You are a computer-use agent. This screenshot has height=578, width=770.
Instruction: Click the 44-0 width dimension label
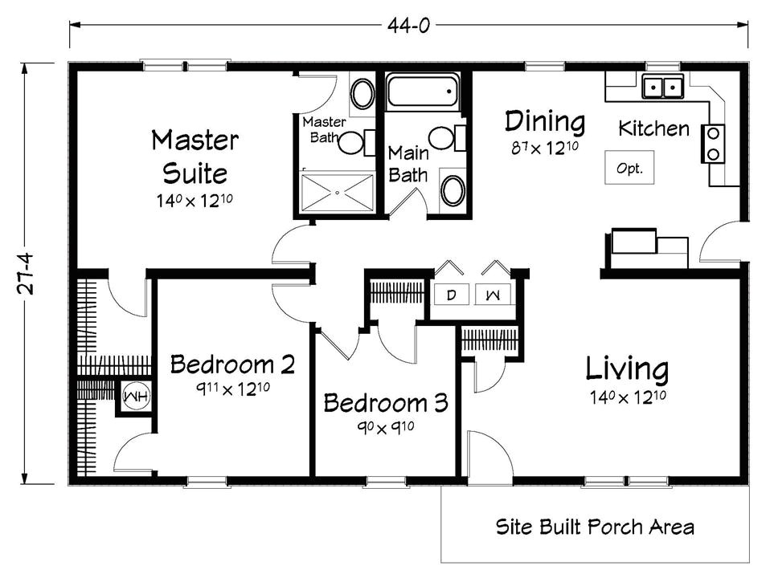click(x=408, y=26)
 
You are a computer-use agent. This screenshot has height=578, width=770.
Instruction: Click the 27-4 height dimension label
click(x=26, y=274)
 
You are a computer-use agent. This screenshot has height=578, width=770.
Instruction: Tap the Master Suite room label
click(x=195, y=157)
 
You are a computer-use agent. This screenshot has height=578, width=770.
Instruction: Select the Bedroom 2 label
click(x=232, y=364)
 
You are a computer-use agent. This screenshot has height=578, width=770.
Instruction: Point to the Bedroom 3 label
click(x=386, y=403)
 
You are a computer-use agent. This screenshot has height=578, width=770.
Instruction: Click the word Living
click(x=627, y=370)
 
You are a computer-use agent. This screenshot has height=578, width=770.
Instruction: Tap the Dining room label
click(x=545, y=122)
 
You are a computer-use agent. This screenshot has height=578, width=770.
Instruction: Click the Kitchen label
click(x=653, y=128)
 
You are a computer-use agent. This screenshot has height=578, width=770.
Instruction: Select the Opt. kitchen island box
click(x=629, y=167)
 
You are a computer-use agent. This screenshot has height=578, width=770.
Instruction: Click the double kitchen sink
click(x=662, y=87)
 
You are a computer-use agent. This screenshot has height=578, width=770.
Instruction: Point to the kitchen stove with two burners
click(x=713, y=144)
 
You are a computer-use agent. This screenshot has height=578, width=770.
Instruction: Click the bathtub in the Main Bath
click(x=423, y=92)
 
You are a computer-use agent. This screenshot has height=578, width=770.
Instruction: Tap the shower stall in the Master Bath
click(x=337, y=192)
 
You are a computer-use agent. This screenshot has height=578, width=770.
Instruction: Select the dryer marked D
click(x=451, y=295)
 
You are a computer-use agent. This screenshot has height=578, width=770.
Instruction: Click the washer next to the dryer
click(x=493, y=295)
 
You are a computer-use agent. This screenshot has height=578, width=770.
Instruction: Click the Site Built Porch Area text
click(x=595, y=527)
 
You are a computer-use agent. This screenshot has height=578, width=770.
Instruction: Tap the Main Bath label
click(x=408, y=164)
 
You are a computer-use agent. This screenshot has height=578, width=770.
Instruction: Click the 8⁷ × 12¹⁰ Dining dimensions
click(x=545, y=147)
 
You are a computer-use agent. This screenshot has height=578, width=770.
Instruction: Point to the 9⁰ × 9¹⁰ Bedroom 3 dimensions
click(x=386, y=427)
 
